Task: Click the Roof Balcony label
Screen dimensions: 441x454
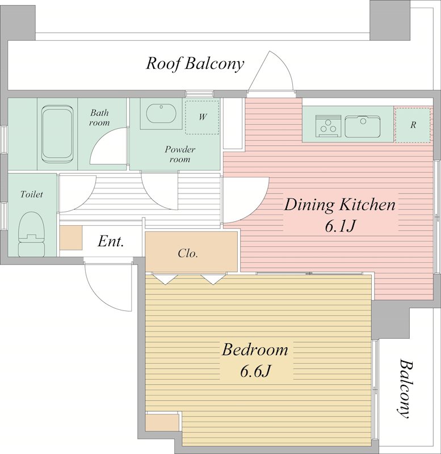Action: [x=195, y=64]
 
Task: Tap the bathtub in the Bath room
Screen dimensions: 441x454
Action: [x=57, y=134]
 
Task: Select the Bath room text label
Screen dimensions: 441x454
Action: [x=99, y=117]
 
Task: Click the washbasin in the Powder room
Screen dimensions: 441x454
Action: [x=161, y=113]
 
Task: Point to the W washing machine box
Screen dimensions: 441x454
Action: [x=202, y=117]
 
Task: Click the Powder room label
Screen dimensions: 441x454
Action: [x=180, y=154]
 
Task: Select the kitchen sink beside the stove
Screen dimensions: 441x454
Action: [x=362, y=127]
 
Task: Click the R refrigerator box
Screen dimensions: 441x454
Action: [x=413, y=125]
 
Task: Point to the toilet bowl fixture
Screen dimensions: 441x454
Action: [x=32, y=234]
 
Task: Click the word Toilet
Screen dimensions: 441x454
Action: [x=32, y=194]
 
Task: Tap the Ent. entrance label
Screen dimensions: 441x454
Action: [x=111, y=241]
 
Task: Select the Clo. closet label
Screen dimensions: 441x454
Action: [x=188, y=253]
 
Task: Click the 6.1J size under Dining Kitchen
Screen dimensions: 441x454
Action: [x=339, y=226]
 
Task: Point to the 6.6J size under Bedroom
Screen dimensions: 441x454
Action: [x=255, y=371]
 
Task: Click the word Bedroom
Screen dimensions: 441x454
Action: [x=255, y=350]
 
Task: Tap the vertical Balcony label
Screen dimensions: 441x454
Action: [x=405, y=389]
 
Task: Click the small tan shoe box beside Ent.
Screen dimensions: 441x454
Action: [x=71, y=238]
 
